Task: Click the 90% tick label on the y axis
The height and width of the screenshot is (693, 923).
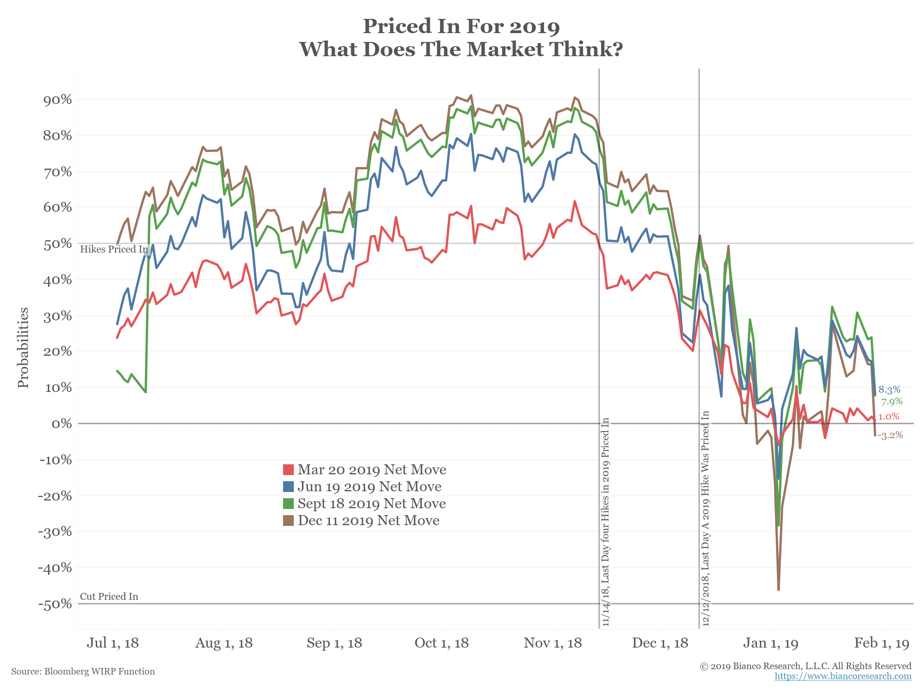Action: pos(58,100)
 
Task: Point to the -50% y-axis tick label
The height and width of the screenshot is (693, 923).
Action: pos(55,604)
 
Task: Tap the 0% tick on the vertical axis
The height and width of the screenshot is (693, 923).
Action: pos(62,424)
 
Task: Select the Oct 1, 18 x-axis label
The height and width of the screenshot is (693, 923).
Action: pos(442,643)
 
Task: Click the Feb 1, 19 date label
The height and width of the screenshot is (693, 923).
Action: pos(881,643)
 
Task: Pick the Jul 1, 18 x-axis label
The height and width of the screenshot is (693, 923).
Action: pos(113,643)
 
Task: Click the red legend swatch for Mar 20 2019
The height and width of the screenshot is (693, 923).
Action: pos(288,470)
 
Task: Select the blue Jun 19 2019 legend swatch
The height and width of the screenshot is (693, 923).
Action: pos(288,487)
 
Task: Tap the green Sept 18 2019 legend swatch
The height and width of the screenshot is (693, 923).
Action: pos(288,504)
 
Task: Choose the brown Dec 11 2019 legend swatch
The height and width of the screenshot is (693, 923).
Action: pos(288,521)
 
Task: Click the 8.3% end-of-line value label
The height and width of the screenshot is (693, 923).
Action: pos(889,390)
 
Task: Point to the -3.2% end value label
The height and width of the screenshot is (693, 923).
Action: pos(890,435)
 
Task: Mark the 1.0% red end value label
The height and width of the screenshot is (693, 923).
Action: pos(888,417)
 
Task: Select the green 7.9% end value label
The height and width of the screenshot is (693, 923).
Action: pos(892,402)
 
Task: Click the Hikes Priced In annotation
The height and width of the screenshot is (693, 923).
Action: pos(114,249)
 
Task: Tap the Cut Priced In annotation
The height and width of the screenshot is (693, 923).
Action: pos(109,596)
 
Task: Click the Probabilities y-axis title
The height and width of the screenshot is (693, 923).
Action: pos(23,348)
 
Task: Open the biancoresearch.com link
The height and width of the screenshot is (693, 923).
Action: pos(843,676)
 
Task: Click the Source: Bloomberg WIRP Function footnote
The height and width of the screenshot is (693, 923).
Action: pos(83,671)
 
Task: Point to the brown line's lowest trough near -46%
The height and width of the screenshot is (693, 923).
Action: pos(779,589)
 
